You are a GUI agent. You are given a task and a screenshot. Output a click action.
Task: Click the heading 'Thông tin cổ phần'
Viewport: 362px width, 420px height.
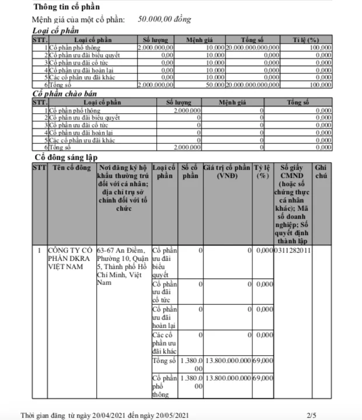click(66, 8)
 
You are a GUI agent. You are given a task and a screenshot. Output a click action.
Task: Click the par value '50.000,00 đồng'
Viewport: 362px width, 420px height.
click(164, 19)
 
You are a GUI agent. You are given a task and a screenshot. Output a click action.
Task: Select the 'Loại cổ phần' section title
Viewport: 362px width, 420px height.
click(56, 30)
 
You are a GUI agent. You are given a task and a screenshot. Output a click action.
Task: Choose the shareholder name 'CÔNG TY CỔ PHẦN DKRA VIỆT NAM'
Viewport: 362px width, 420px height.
click(70, 257)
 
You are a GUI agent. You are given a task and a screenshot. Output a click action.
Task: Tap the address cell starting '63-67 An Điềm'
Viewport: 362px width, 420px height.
click(122, 265)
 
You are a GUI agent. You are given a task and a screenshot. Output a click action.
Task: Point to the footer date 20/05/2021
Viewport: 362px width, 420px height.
click(170, 415)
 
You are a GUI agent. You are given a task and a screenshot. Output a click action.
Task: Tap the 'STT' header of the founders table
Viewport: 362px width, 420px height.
click(39, 167)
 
